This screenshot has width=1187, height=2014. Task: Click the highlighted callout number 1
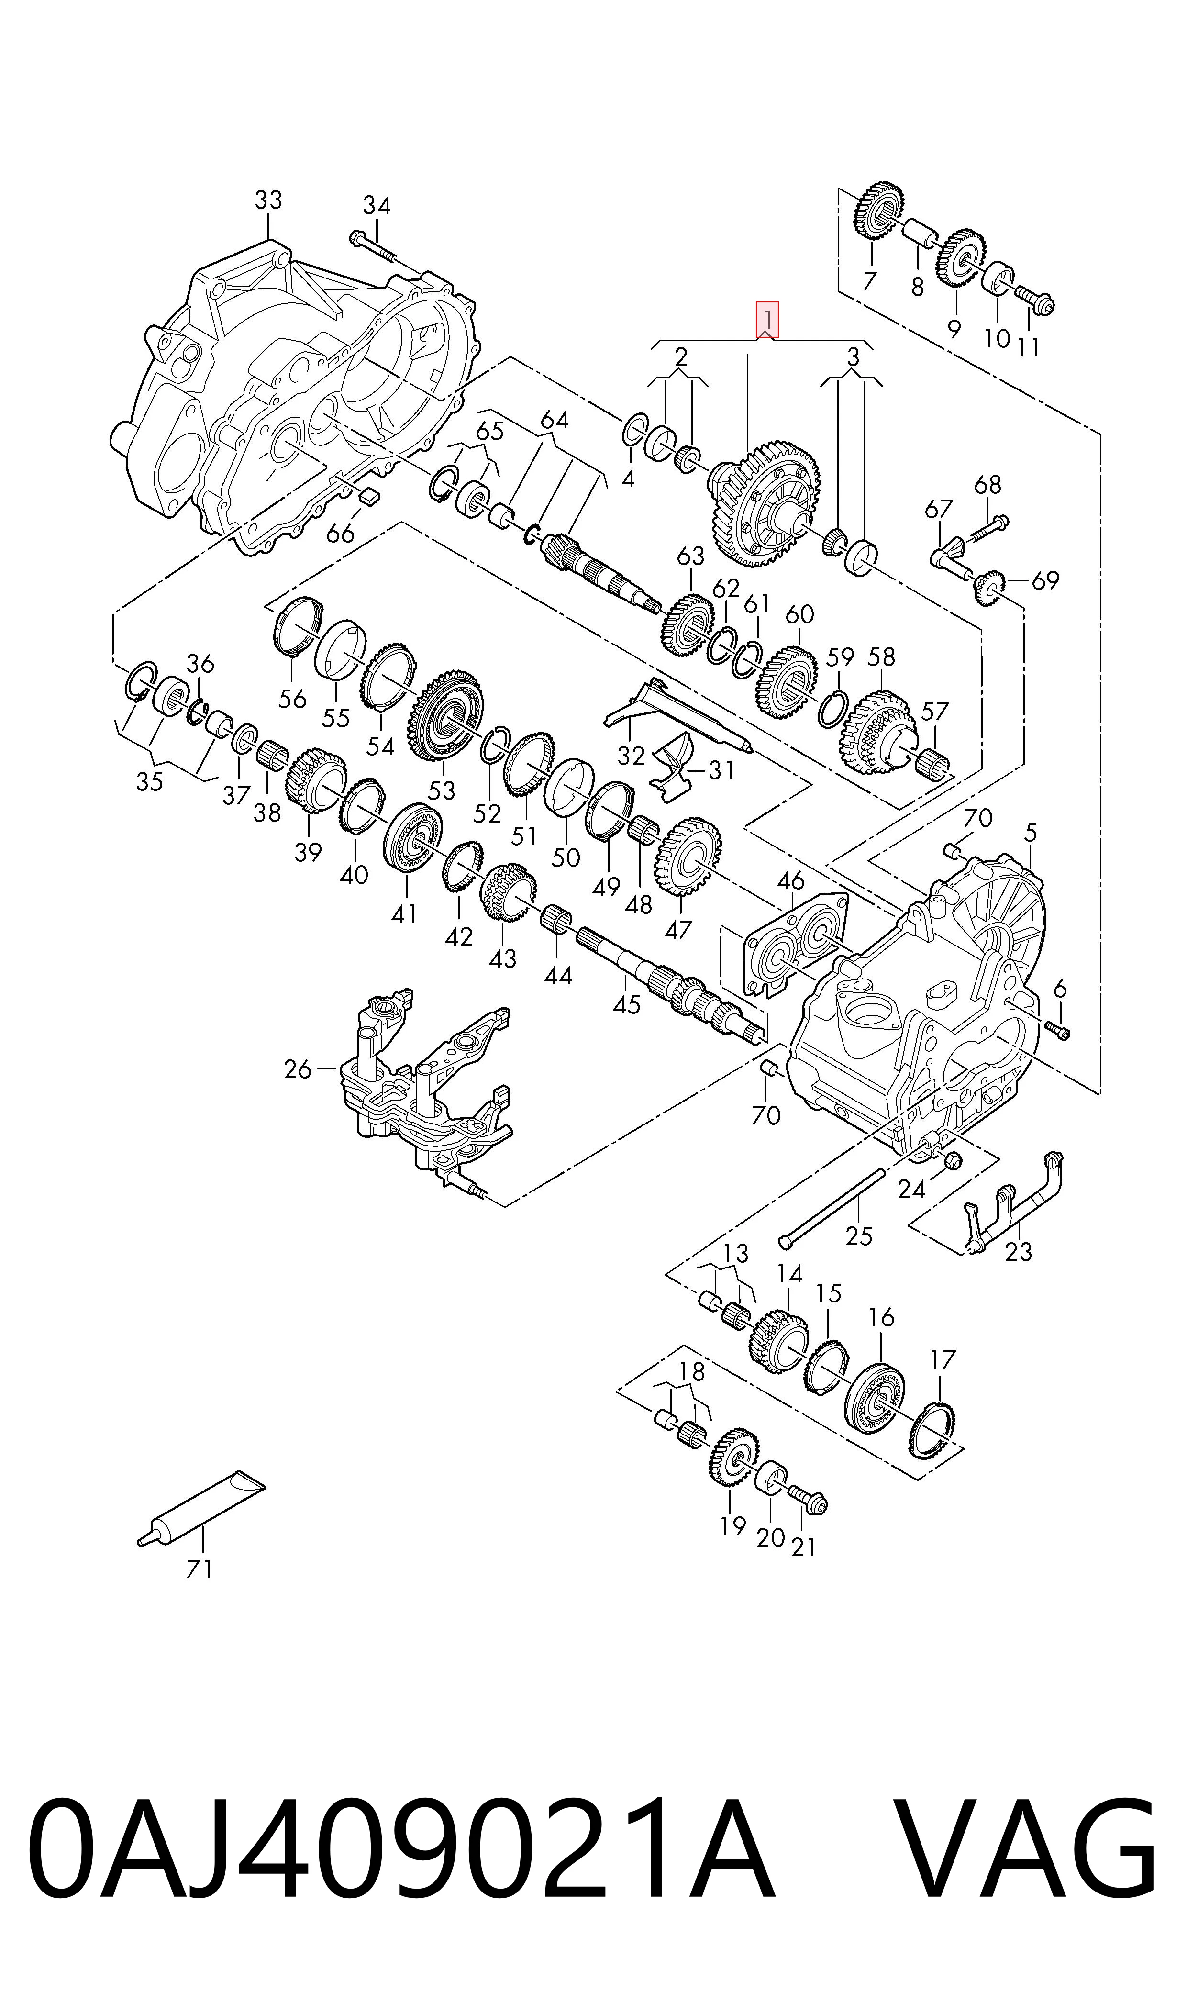[x=767, y=318]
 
